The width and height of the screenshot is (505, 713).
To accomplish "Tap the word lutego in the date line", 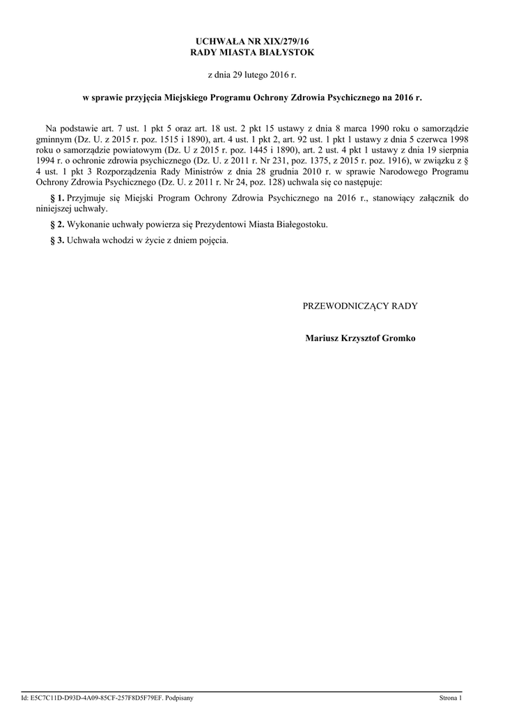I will [254, 74].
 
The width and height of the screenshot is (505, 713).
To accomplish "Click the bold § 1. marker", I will [59, 198].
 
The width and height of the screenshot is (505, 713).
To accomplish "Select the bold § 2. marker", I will [59, 224].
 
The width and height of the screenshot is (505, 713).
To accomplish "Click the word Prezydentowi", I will [224, 224].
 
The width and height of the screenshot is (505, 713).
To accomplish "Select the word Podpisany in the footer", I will [180, 697].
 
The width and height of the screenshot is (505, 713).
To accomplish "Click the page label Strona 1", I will [450, 697].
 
